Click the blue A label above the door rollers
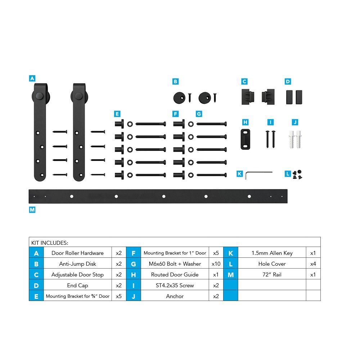(x=32, y=78)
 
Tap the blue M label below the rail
(x=32, y=210)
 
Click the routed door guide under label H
(x=246, y=139)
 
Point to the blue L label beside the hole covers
(x=288, y=174)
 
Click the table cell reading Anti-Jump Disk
(x=78, y=264)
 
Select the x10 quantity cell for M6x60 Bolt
(x=216, y=264)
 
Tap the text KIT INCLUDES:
(x=50, y=243)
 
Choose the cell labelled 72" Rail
(x=272, y=275)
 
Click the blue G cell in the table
(x=134, y=264)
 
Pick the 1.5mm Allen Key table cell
(x=272, y=253)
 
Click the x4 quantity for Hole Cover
(x=313, y=264)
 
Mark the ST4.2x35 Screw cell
(x=175, y=285)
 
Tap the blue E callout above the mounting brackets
(x=117, y=114)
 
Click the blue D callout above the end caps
(x=288, y=81)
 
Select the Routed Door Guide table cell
(x=175, y=275)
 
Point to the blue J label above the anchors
(x=295, y=122)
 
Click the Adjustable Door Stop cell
(x=78, y=275)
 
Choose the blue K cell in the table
(x=231, y=253)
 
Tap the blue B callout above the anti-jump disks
(x=175, y=81)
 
